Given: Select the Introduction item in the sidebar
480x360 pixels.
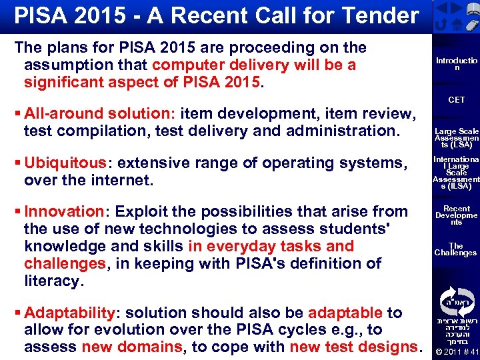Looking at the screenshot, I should tap(456, 64).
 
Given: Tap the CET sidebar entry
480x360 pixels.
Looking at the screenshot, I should tap(457, 100).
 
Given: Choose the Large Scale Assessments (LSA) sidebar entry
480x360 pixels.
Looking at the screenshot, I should tap(457, 138).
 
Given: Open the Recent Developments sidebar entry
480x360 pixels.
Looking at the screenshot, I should tap(457, 215).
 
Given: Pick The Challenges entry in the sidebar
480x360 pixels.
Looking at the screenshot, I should tap(456, 249).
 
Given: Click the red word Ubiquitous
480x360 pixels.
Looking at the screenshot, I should tap(65, 163).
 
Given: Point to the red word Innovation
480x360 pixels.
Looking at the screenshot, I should tap(63, 212).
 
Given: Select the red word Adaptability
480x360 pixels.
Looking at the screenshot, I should tap(70, 313).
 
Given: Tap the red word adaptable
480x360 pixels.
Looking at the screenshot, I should tap(345, 313).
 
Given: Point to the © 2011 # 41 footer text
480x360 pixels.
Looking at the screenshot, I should tap(456, 352).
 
